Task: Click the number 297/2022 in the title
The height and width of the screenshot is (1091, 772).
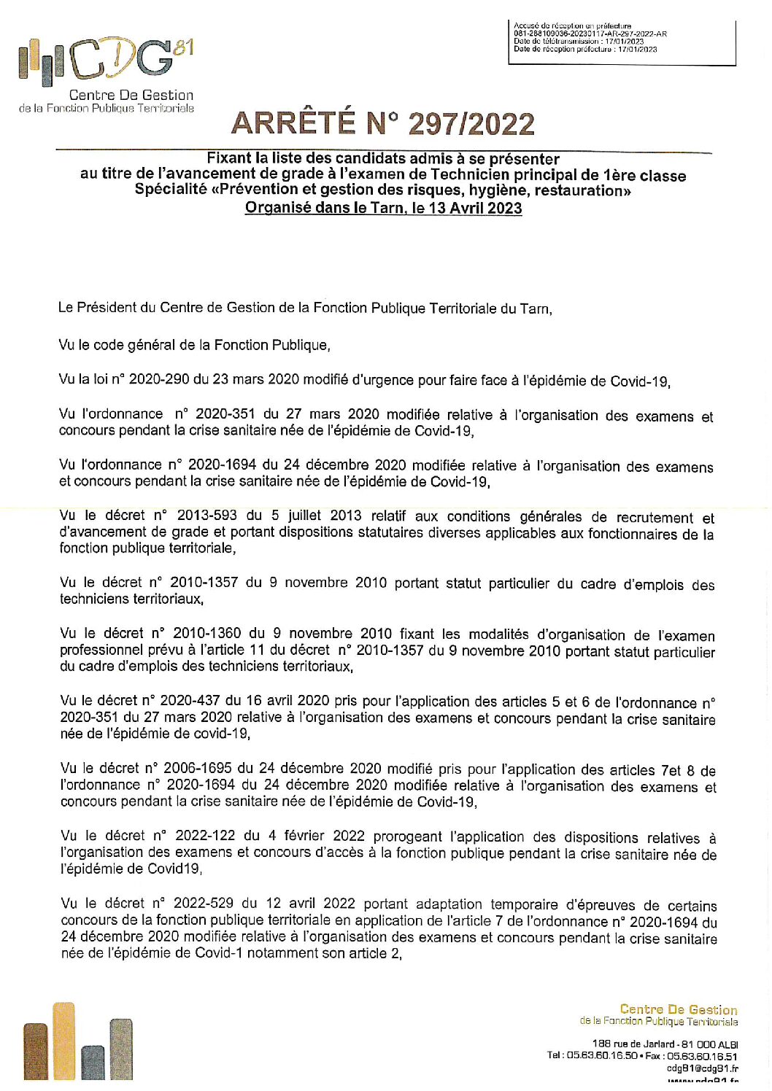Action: pyautogui.click(x=471, y=124)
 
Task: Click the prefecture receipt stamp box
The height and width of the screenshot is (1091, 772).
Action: pyautogui.click(x=622, y=43)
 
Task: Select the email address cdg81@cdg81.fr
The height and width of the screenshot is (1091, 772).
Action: pyautogui.click(x=702, y=1068)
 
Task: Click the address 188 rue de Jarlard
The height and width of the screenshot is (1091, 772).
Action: pyautogui.click(x=633, y=1044)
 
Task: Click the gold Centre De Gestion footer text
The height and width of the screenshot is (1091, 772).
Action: pyautogui.click(x=678, y=1010)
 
